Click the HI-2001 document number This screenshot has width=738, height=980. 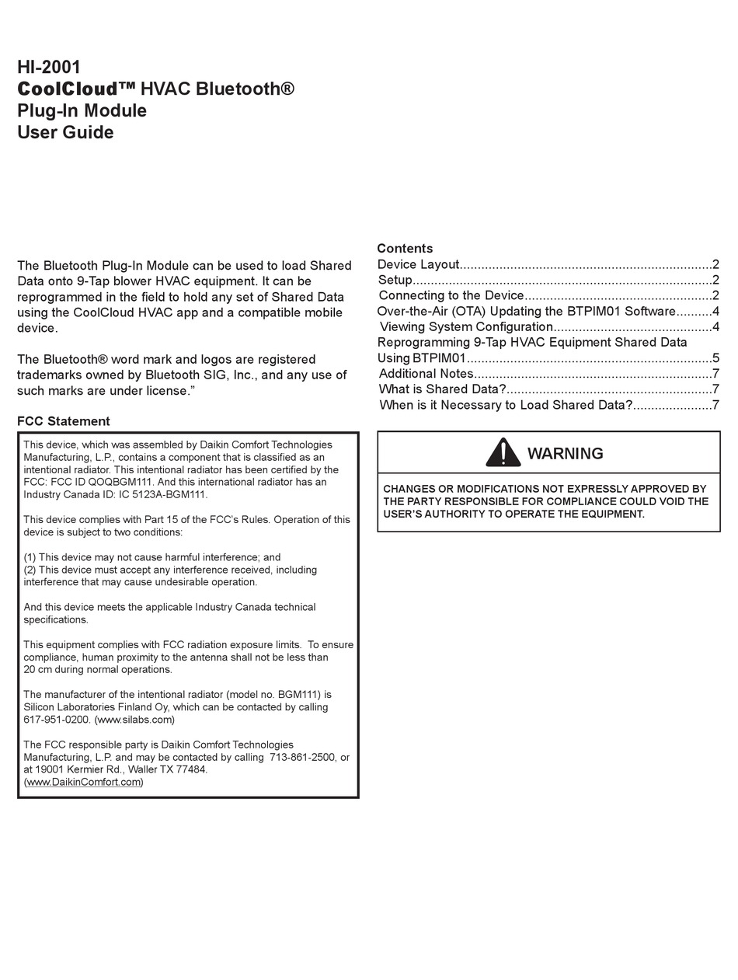point(49,67)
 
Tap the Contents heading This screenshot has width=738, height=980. point(405,248)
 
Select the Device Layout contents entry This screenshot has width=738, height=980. point(419,264)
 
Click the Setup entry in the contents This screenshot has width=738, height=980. point(395,280)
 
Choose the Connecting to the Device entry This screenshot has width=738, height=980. point(451,295)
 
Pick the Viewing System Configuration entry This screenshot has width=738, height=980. point(466,326)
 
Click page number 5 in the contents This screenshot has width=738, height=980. point(715,358)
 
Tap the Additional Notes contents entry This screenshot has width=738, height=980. point(426,374)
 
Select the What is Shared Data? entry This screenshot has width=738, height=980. point(442,389)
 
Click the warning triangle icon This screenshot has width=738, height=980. point(503,452)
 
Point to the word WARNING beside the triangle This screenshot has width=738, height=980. point(565,454)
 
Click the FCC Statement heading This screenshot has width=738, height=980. point(64,421)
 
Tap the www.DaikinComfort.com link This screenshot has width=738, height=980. point(84,782)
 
